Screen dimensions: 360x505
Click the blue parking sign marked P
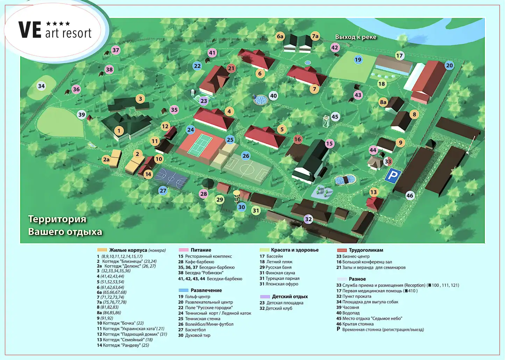[393, 175]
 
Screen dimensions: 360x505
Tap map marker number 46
[410, 196]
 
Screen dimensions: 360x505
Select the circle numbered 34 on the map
[41, 86]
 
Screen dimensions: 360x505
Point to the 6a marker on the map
[280, 36]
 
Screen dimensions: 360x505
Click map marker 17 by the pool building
[399, 55]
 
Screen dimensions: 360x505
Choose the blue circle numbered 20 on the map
[449, 65]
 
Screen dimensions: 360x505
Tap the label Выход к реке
[356, 37]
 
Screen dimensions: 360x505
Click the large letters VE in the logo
[30, 30]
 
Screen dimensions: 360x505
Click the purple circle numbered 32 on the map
[308, 219]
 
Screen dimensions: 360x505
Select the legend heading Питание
[201, 250]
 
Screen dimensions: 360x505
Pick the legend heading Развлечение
[206, 290]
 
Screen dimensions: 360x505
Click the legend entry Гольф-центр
[198, 297]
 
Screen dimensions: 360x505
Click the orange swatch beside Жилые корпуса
[102, 250]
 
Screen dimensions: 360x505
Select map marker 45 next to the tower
[335, 117]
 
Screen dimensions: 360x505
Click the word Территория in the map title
[57, 219]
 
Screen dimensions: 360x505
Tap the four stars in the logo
[58, 24]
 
